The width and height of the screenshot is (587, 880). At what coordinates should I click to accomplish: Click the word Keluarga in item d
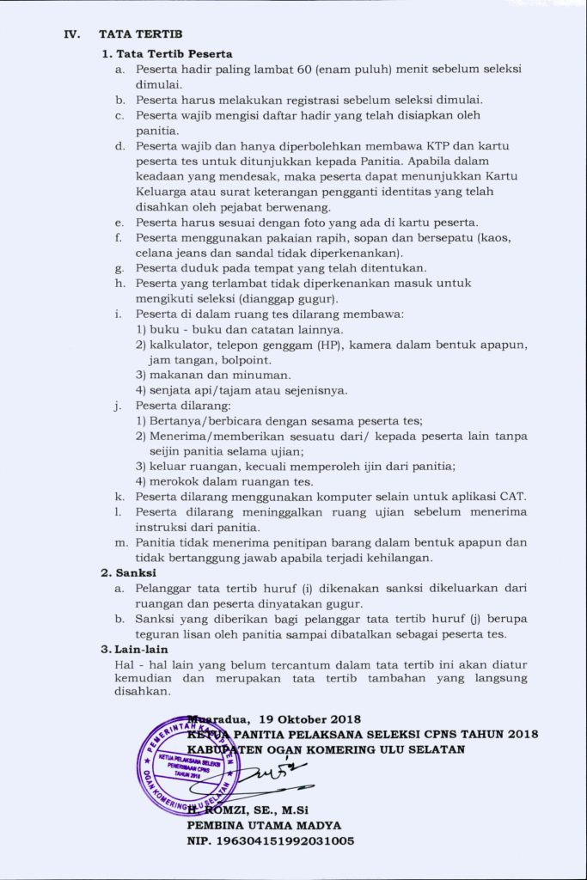click(x=161, y=192)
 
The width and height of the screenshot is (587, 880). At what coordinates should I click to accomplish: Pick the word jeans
click(x=195, y=254)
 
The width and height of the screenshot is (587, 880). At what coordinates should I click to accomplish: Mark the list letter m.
click(x=121, y=542)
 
